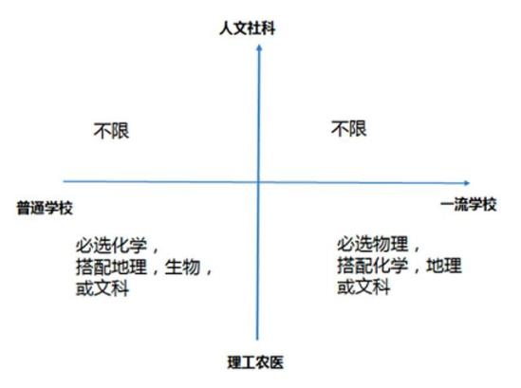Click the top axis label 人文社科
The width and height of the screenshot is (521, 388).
tap(247, 28)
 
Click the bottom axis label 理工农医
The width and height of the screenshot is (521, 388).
tap(255, 362)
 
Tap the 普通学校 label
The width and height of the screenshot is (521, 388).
tap(45, 209)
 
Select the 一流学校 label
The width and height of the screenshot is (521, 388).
tap(469, 204)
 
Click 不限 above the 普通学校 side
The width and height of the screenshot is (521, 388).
tap(111, 131)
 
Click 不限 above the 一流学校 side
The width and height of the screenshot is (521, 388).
tap(348, 128)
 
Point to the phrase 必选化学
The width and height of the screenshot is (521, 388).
tap(111, 246)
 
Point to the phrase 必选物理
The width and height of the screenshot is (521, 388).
tap(372, 244)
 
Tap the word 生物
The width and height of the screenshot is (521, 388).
tap(182, 267)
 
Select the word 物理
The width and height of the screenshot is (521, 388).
tap(390, 244)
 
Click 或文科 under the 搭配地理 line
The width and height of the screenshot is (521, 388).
tap(102, 288)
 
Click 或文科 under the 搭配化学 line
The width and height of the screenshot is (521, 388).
tap(363, 286)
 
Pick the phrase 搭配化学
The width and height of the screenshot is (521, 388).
tap(372, 266)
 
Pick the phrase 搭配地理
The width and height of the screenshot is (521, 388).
tap(111, 267)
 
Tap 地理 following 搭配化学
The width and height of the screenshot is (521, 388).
tap(444, 266)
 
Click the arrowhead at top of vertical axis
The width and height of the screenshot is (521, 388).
tap(259, 47)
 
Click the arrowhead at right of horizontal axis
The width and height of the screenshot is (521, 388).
tap(467, 183)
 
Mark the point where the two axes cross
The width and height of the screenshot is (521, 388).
tap(258, 182)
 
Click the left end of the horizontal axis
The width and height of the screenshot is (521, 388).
tap(64, 181)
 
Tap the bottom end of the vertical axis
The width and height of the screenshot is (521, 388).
tap(257, 340)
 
